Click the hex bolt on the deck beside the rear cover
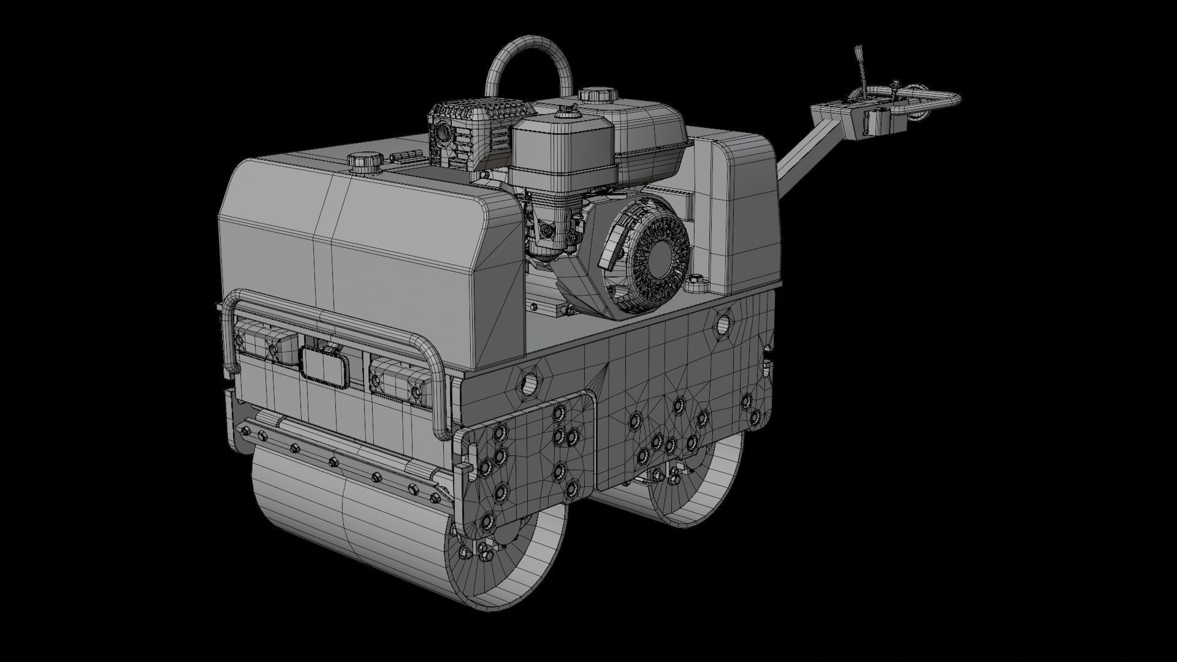click(695, 285)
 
